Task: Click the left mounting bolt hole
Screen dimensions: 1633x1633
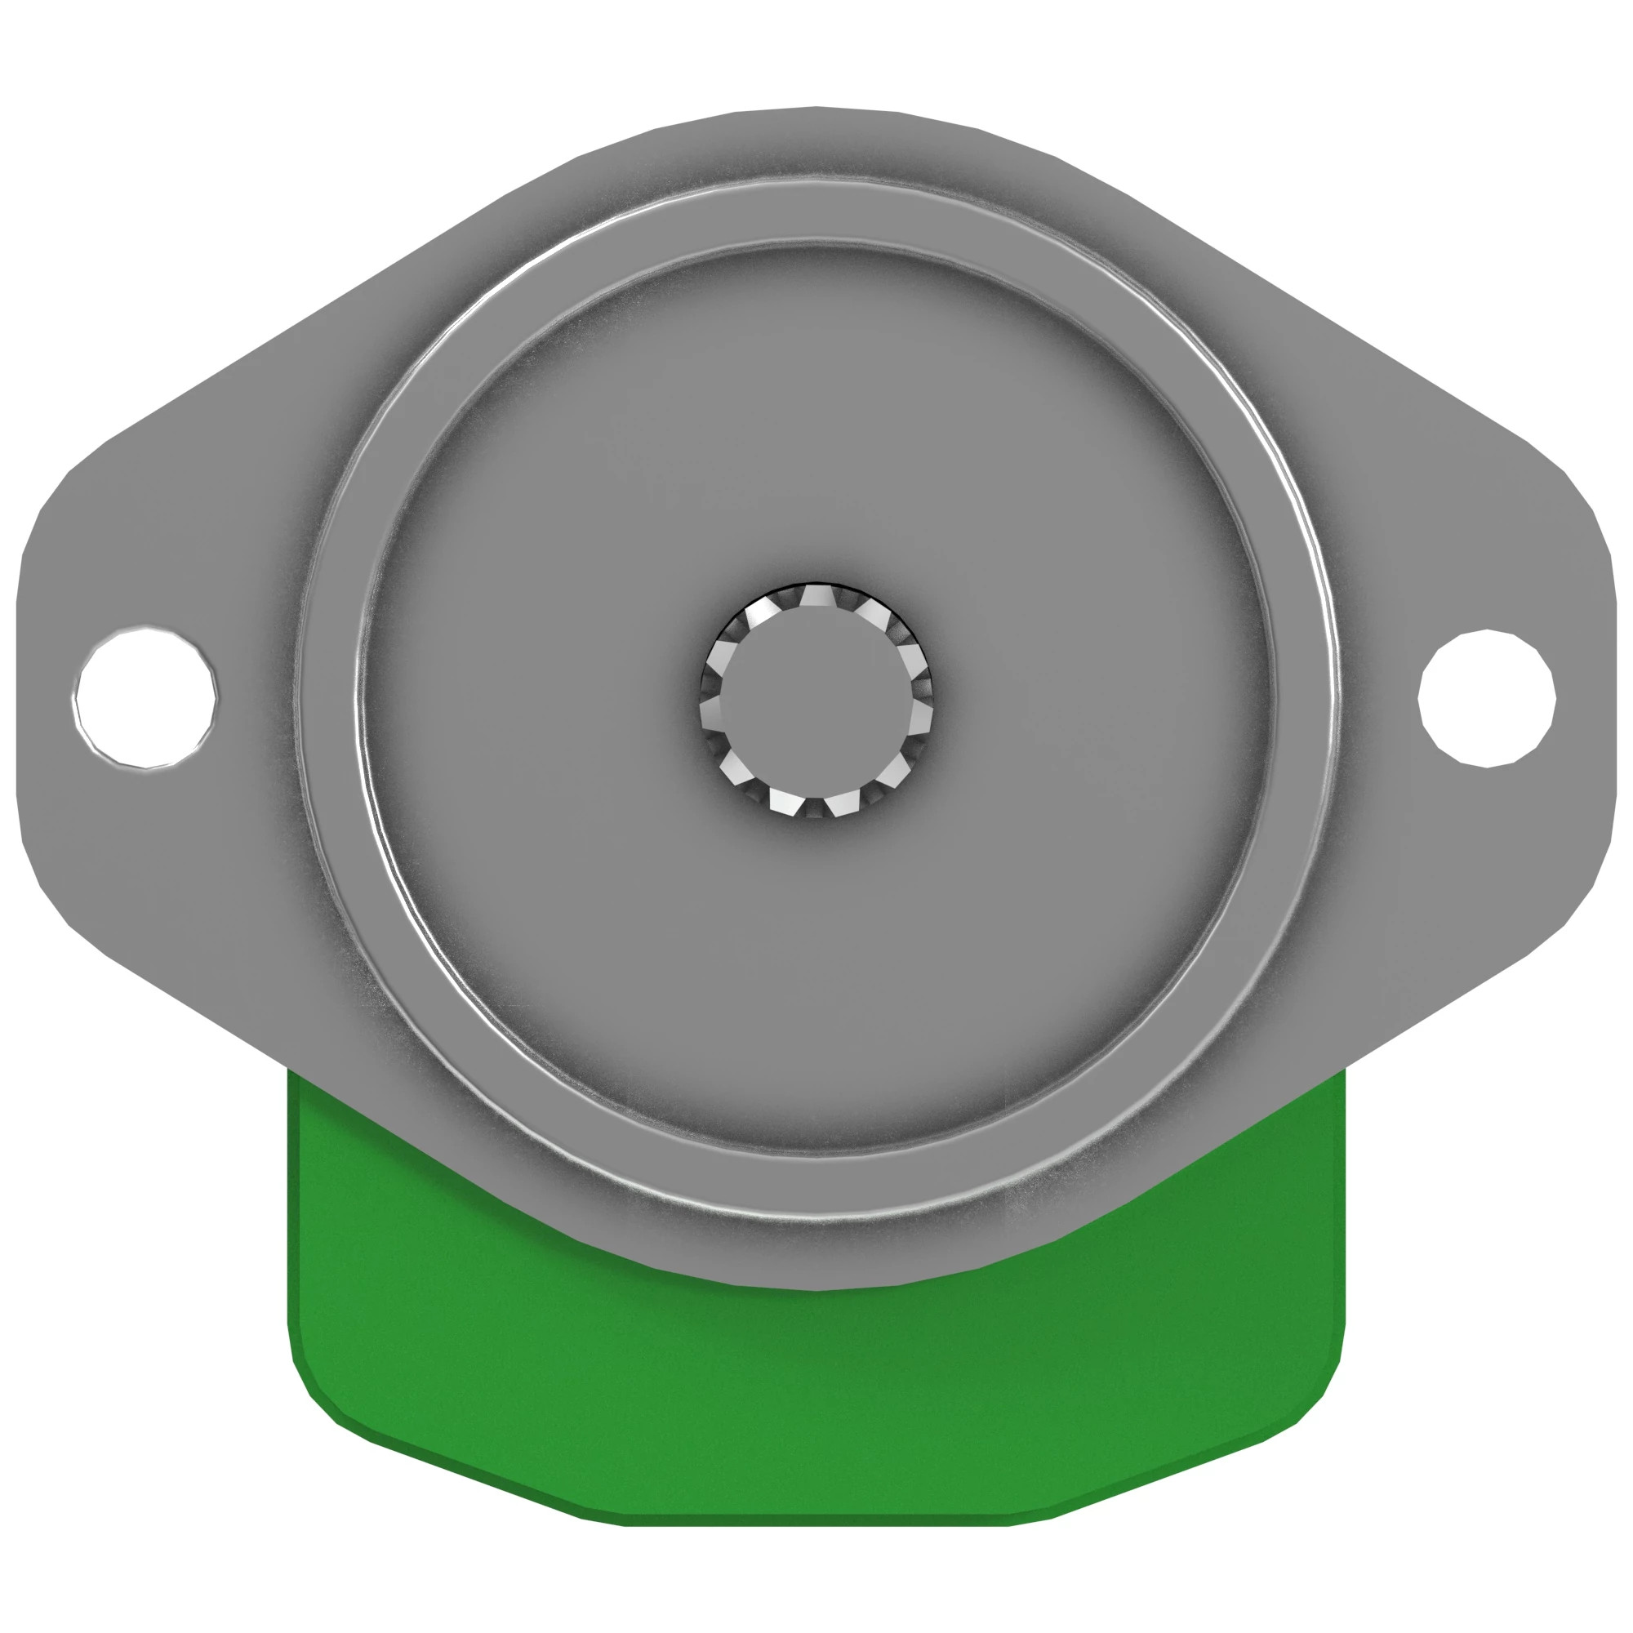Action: point(145,697)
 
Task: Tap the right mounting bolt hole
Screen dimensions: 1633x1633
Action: point(1487,698)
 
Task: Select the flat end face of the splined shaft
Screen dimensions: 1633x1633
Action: point(815,701)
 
